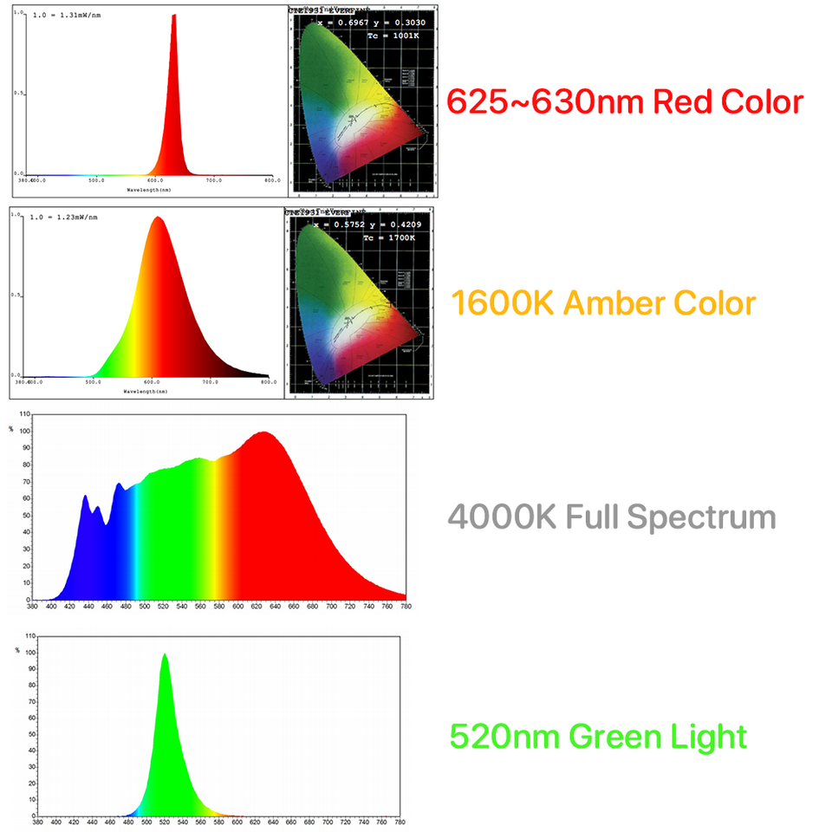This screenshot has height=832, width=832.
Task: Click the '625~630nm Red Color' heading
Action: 625,102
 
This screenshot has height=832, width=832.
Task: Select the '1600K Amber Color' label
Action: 603,303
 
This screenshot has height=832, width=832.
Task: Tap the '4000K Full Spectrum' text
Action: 612,517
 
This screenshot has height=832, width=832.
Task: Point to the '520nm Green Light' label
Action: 598,737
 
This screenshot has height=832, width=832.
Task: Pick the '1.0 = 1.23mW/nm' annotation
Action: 64,218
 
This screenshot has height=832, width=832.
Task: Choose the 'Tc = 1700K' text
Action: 393,237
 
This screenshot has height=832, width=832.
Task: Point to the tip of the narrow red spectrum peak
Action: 174,16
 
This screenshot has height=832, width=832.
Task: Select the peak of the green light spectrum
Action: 164,655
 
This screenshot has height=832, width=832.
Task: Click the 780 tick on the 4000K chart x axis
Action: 406,607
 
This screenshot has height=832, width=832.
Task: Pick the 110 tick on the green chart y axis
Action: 30,637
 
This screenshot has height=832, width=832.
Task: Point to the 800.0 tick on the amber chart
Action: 269,381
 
